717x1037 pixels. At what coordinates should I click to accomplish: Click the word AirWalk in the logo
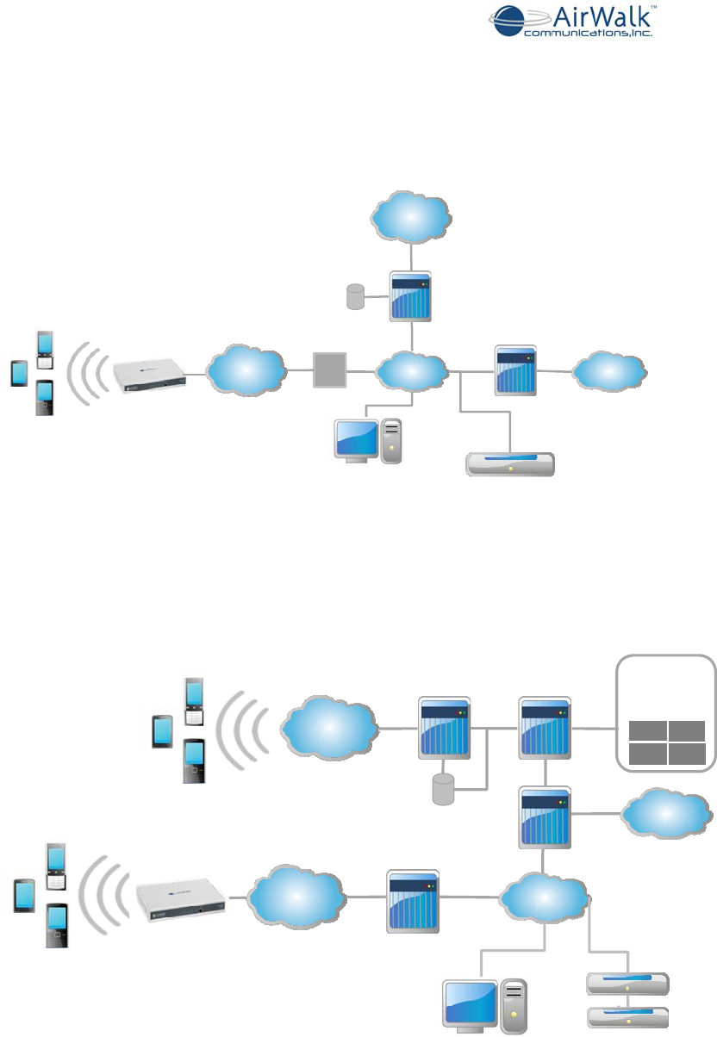pyautogui.click(x=588, y=16)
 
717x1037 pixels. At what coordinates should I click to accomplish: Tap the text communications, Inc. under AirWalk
pyautogui.click(x=589, y=34)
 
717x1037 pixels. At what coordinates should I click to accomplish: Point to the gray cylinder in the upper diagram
pyautogui.click(x=352, y=298)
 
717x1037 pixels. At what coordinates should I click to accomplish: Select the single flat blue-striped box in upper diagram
pyautogui.click(x=509, y=464)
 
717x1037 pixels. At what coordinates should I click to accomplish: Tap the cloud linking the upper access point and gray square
pyautogui.click(x=246, y=369)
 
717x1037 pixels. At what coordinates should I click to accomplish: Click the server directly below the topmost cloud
pyautogui.click(x=410, y=297)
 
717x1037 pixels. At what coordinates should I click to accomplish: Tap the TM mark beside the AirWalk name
pyautogui.click(x=653, y=6)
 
